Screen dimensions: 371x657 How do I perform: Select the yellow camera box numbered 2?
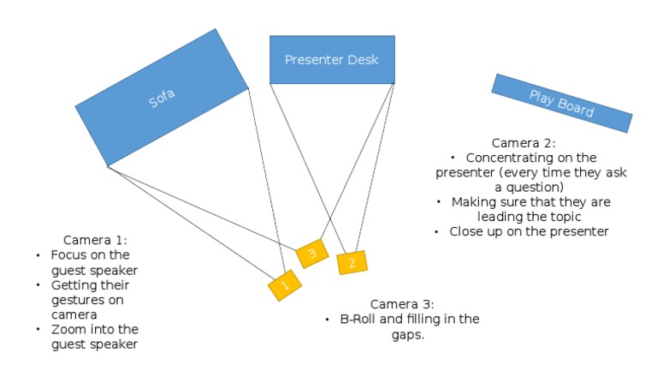352,262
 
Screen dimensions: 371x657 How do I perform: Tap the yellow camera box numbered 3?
311,254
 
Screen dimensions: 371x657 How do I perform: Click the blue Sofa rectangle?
162,97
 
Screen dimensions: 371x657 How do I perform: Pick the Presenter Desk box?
332,59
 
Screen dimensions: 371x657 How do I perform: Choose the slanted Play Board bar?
562,102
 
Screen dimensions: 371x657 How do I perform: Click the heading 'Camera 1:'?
95,241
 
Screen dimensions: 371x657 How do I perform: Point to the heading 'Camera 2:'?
524,142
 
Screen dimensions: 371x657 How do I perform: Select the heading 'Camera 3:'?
402,304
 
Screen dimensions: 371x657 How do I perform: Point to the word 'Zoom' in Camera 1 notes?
68,329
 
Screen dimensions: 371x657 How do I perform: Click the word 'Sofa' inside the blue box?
162,98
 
